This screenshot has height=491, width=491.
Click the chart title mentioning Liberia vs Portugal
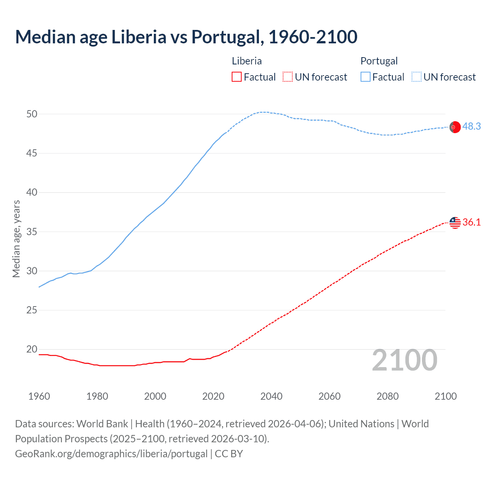coord(186,37)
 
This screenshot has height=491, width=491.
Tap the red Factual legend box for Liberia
coord(237,77)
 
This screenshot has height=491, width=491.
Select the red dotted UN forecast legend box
coord(288,77)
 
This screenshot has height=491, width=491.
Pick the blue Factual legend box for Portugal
coord(365,77)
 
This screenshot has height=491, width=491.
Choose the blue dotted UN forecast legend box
coord(416,77)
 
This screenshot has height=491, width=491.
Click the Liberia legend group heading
coord(247,61)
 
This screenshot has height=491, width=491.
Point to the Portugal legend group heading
coord(379,61)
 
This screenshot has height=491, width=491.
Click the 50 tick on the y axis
coord(32,114)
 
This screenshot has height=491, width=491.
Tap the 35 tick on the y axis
coord(32,232)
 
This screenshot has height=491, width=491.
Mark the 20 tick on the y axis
coord(32,349)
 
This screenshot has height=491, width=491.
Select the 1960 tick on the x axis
coord(39,396)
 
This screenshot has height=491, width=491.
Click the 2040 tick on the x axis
coord(271,396)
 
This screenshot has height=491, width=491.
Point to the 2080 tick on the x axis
coord(387,396)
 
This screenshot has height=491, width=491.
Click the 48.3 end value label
coord(471,127)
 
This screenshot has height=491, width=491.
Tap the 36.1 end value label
coord(471,222)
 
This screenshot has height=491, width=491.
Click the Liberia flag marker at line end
coord(455,222)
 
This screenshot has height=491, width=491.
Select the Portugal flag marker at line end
coord(455,127)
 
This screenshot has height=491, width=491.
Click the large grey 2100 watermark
coord(404,360)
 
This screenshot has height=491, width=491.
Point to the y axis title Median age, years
coord(16,239)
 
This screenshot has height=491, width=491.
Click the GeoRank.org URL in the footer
coord(111,454)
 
